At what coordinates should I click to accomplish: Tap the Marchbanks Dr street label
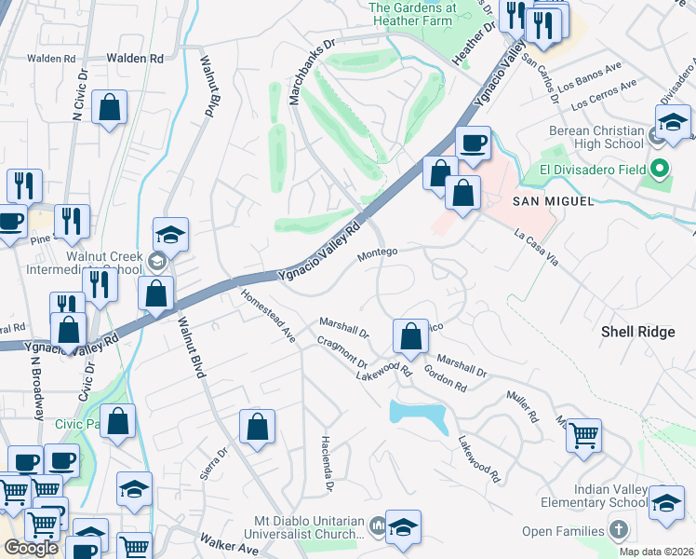(x=313, y=71)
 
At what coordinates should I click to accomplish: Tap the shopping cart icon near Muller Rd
(x=583, y=436)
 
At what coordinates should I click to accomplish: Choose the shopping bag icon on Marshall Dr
(x=410, y=336)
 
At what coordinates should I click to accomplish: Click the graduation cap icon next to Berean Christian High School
(x=673, y=122)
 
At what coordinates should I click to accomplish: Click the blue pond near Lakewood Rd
(x=418, y=414)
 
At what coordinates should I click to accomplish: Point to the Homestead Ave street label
(x=268, y=315)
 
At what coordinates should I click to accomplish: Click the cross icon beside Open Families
(x=620, y=531)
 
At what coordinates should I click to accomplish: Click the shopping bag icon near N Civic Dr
(x=110, y=108)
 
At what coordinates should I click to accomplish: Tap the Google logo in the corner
(x=31, y=548)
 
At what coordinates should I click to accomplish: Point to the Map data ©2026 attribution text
(x=657, y=552)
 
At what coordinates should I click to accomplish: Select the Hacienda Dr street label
(x=327, y=463)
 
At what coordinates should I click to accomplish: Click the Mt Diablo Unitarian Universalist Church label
(x=308, y=527)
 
